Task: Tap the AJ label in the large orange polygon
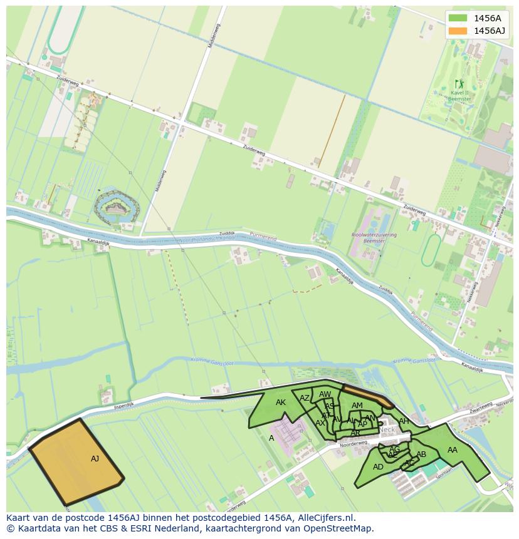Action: (x=95, y=459)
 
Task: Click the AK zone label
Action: (x=281, y=403)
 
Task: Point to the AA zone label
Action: (x=452, y=450)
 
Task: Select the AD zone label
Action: (x=378, y=467)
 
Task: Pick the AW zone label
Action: (x=325, y=394)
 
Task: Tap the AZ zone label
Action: (x=305, y=398)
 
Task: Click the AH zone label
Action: (x=404, y=421)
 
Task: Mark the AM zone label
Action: (x=357, y=406)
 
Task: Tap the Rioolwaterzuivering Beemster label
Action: (x=369, y=237)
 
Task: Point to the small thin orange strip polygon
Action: (x=367, y=396)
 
